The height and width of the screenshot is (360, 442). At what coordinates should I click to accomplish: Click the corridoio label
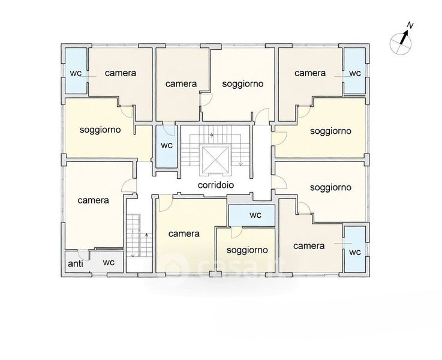pos(216,185)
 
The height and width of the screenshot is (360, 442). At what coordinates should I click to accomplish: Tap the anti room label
pos(76,263)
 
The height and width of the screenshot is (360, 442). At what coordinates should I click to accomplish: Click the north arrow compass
pos(401,41)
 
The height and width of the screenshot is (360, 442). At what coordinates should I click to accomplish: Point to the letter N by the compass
pos(410,26)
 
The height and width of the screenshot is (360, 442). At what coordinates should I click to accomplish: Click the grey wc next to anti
pos(109,262)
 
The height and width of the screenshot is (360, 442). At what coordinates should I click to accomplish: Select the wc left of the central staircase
pos(167,145)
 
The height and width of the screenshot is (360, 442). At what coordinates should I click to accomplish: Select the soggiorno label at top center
pos(243,84)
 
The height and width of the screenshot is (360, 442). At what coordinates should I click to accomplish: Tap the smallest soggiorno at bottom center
pos(247,250)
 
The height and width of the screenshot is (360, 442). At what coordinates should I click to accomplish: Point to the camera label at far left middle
pos(94,200)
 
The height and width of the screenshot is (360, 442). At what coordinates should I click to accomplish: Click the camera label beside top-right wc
pos(310,73)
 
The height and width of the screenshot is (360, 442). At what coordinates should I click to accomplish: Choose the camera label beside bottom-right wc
pos(309,246)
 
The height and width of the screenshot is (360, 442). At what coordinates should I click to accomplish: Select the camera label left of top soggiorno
pos(181,84)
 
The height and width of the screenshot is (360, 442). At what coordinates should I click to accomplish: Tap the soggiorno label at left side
pos(100,130)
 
